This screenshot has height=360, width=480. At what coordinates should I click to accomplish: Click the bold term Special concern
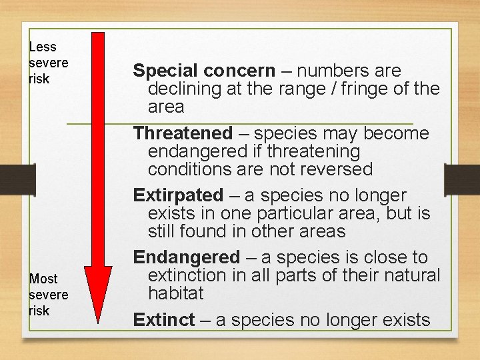pyautogui.click(x=203, y=71)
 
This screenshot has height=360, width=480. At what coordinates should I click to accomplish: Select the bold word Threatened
pyautogui.click(x=183, y=133)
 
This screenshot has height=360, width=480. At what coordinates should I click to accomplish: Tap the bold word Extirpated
pyautogui.click(x=178, y=195)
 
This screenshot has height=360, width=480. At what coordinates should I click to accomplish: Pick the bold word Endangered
pyautogui.click(x=186, y=257)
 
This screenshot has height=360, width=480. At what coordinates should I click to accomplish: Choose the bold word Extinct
pyautogui.click(x=163, y=320)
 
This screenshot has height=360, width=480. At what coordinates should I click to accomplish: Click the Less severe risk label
pyautogui.click(x=48, y=63)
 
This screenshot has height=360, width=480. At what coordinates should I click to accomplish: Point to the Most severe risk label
pyautogui.click(x=48, y=295)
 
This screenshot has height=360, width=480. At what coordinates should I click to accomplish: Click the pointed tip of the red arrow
pyautogui.click(x=98, y=321)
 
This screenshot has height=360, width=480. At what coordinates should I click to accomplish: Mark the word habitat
pyautogui.click(x=175, y=293)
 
